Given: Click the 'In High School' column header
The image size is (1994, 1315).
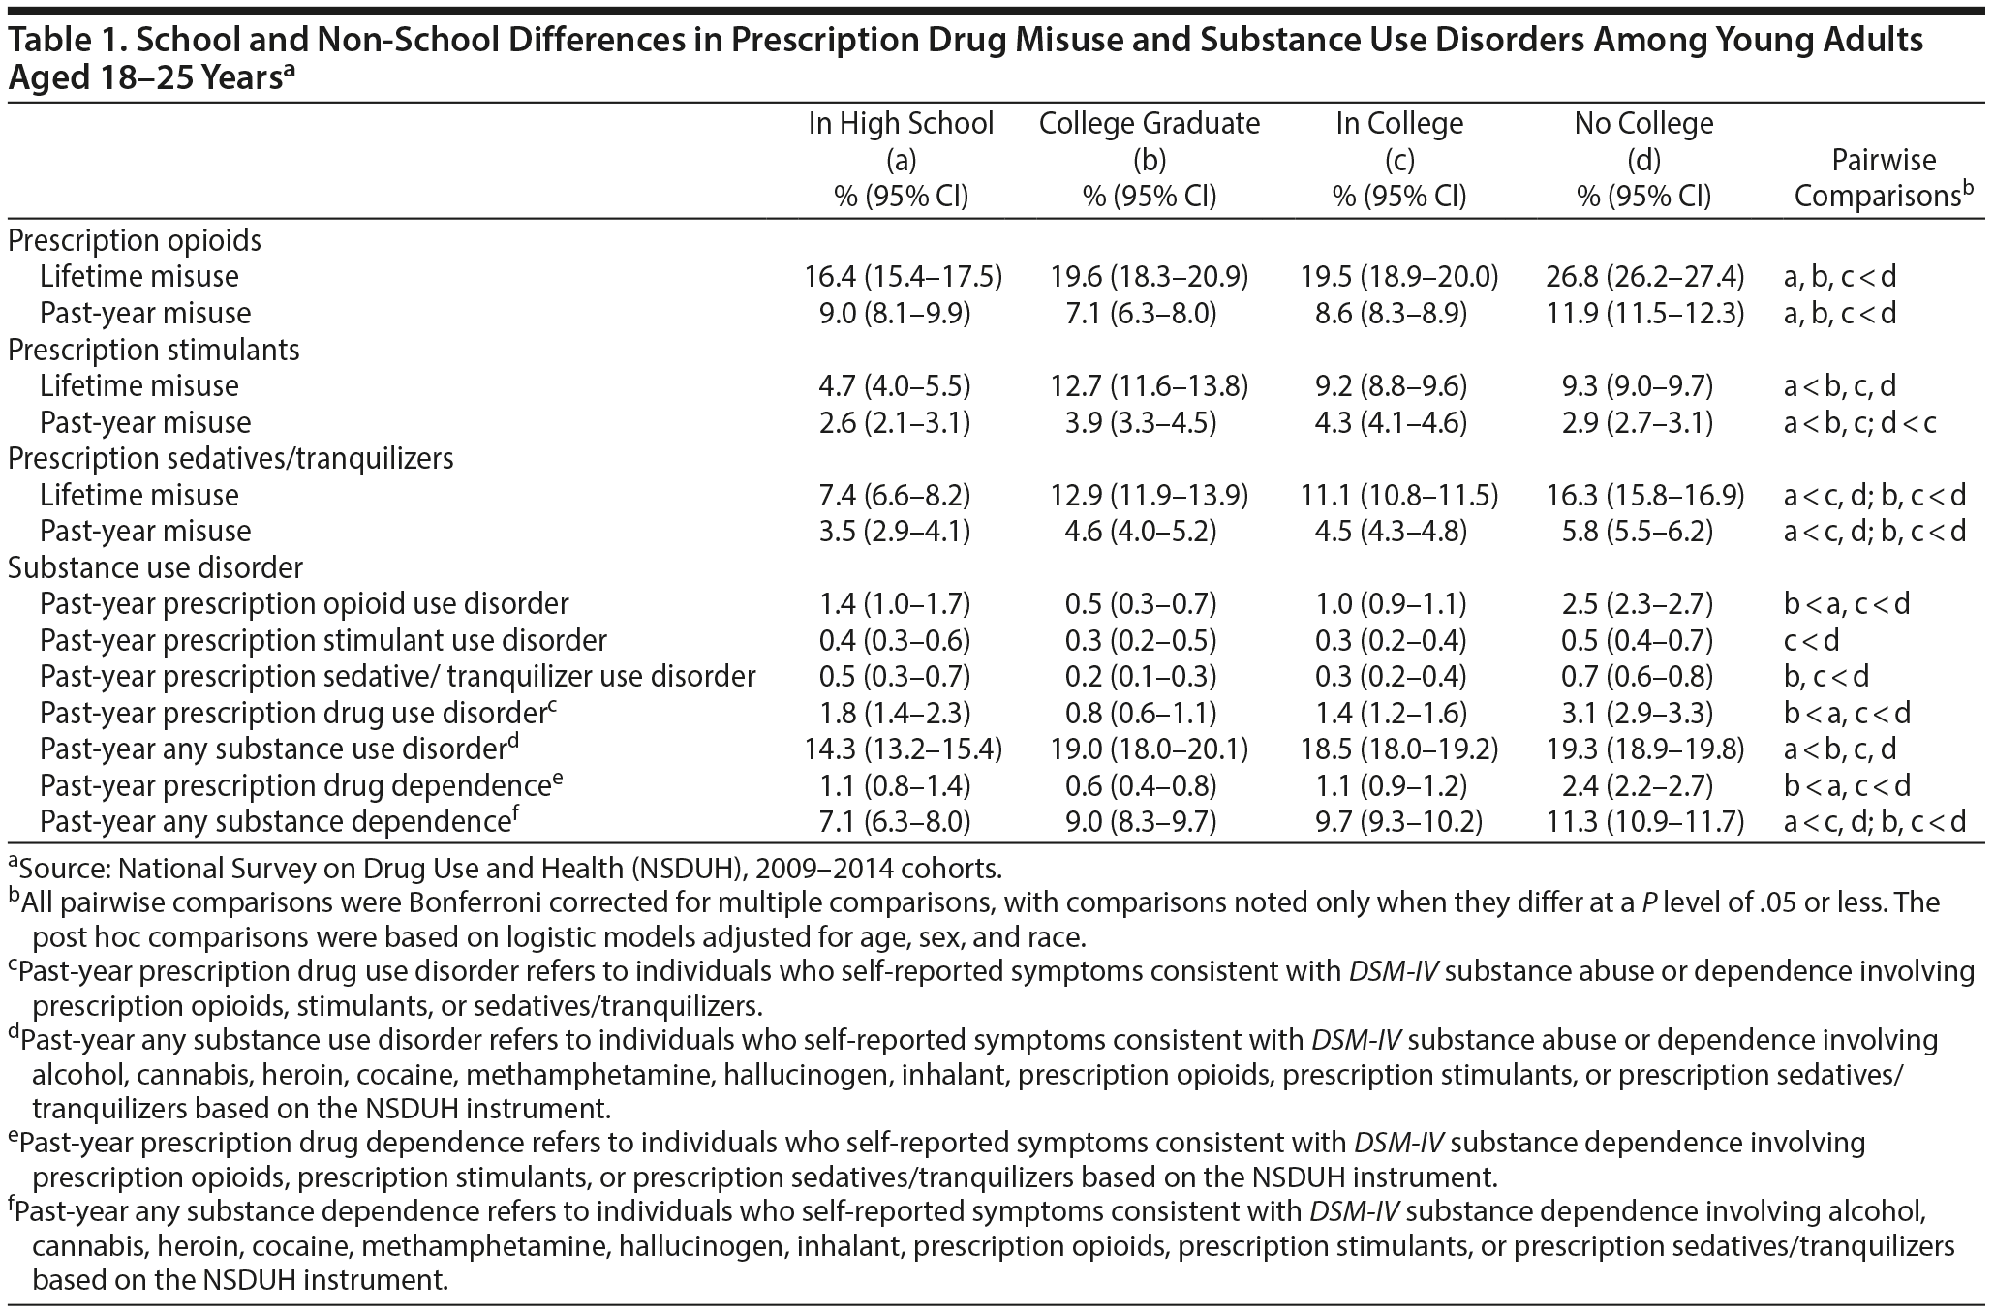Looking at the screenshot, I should tap(902, 124).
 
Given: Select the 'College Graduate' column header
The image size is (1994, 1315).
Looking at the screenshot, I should tap(1150, 124).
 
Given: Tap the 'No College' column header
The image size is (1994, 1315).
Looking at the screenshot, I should tap(1643, 124).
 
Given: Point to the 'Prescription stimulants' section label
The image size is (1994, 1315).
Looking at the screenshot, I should tap(154, 350).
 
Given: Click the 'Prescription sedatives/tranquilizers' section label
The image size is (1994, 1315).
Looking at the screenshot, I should tap(230, 458).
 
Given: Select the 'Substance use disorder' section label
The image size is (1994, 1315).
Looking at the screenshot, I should tap(155, 567).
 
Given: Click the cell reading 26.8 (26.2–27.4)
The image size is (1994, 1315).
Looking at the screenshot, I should tap(1644, 277).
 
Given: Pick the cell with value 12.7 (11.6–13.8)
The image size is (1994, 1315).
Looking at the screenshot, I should tap(1150, 386).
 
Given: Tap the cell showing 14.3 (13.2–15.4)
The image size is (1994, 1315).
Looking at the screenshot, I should tap(902, 749).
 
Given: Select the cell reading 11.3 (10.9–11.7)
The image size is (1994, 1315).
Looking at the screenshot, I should tap(1644, 822).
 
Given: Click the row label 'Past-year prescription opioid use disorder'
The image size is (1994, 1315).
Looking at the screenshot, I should tap(304, 604).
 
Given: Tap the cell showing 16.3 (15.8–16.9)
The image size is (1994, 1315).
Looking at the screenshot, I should tap(1644, 496).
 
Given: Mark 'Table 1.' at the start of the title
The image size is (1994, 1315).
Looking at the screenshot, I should tap(61, 41).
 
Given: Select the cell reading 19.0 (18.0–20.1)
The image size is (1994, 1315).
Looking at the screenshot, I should tap(1150, 749).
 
